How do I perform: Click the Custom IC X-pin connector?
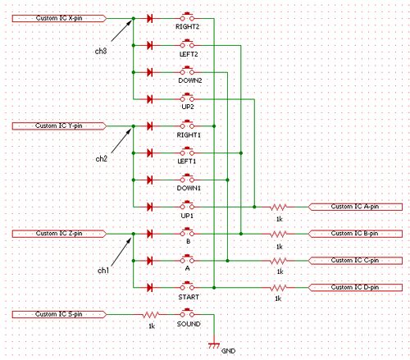(59, 18)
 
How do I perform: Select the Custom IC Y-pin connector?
(59, 126)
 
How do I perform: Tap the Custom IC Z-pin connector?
(59, 234)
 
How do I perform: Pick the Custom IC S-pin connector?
(59, 314)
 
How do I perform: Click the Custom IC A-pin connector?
(355, 207)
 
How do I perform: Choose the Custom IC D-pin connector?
(355, 288)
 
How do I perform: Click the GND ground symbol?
(214, 345)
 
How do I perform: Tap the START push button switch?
(187, 286)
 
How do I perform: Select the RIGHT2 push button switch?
(187, 16)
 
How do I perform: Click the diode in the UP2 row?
(149, 99)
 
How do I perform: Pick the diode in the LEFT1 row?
(149, 153)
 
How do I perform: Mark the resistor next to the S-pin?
(151, 315)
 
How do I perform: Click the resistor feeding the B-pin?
(278, 234)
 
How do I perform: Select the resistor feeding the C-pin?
(278, 261)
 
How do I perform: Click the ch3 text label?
(101, 51)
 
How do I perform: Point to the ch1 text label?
(103, 271)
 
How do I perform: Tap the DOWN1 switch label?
(189, 188)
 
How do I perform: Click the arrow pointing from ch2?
(121, 141)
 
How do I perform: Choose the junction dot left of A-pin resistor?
(254, 207)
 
